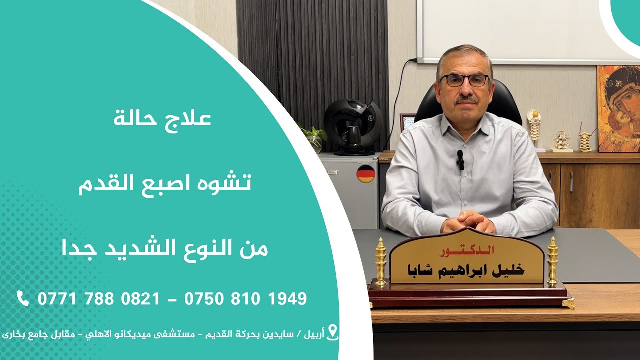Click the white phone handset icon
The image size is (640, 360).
(23, 298)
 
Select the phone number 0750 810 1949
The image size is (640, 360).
(245, 299)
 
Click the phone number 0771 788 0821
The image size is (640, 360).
(99, 299)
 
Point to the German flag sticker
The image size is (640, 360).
(366, 173)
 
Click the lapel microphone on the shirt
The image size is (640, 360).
(460, 159)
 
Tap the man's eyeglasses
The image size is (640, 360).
(464, 80)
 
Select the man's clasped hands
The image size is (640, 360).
(468, 220)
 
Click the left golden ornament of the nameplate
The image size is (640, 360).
(381, 262)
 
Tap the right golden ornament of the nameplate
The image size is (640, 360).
(552, 261)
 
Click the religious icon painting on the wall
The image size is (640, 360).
(618, 108)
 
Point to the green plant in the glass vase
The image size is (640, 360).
(314, 136)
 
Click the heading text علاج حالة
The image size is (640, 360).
(162, 119)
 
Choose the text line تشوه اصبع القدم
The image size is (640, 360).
(165, 183)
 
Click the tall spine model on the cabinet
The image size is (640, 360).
(534, 127)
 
